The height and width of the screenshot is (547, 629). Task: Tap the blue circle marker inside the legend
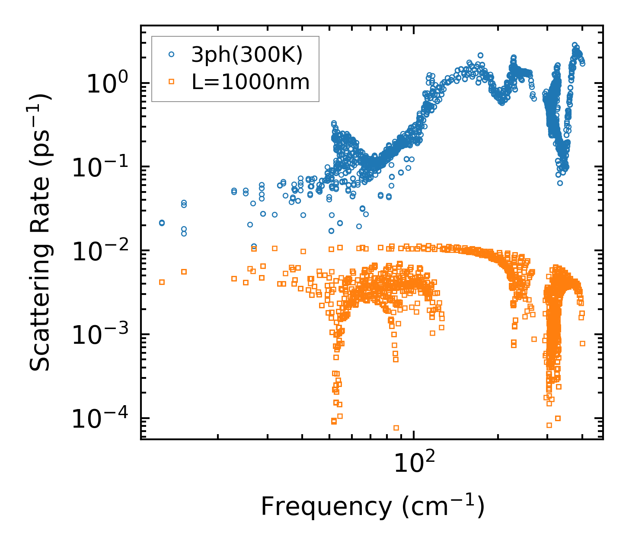point(172,54)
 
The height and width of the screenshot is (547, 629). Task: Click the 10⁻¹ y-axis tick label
point(102,167)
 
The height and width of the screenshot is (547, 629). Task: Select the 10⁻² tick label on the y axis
point(102,251)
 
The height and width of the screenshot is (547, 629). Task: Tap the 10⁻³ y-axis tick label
point(102,335)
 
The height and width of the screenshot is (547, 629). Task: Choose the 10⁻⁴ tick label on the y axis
point(102,419)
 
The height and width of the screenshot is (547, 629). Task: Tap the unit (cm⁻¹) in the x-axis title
point(443,507)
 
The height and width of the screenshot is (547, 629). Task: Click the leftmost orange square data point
point(162,282)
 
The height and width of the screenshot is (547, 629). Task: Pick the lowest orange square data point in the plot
point(396,428)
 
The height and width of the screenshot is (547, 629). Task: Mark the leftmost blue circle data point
point(162,223)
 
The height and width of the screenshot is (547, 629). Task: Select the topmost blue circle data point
point(575,45)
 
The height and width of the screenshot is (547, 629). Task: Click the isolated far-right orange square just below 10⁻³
point(582,343)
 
